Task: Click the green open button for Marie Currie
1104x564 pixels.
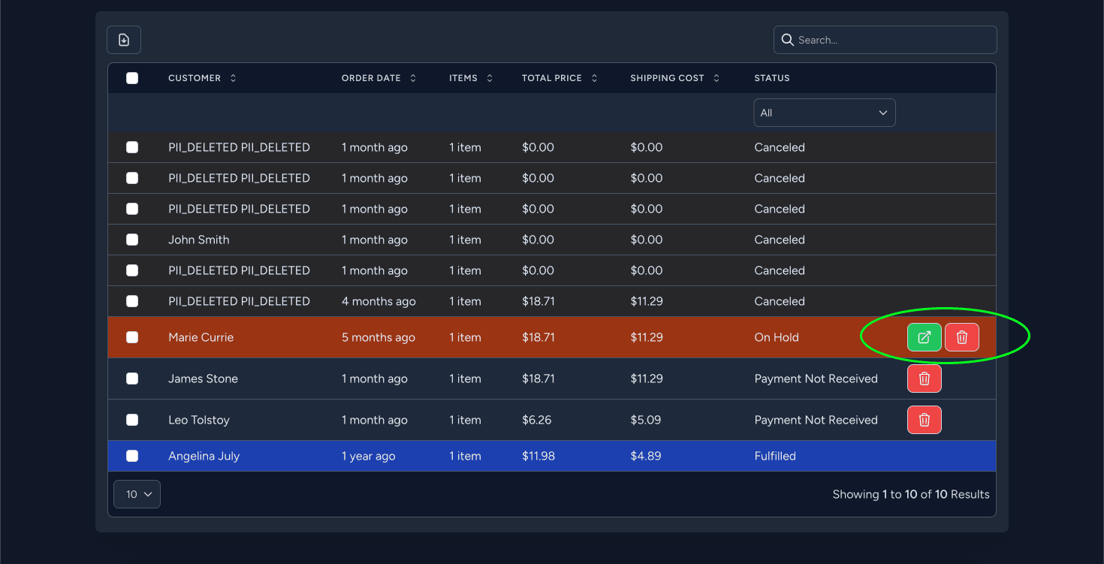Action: (924, 337)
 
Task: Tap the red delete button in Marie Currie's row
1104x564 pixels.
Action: (961, 337)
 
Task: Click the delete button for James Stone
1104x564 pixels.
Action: (924, 379)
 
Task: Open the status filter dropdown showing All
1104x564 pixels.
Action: (824, 113)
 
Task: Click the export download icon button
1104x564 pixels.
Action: (124, 40)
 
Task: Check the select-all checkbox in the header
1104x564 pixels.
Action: (132, 78)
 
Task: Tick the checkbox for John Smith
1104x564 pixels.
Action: (132, 240)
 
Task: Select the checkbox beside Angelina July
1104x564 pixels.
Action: (132, 456)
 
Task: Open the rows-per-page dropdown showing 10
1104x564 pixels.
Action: (137, 494)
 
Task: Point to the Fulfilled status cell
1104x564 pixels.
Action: (774, 456)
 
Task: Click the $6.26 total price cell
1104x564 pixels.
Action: (536, 420)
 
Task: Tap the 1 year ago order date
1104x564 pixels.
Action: (368, 456)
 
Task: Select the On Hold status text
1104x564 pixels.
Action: (776, 337)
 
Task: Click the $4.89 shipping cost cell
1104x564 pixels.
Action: (645, 456)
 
